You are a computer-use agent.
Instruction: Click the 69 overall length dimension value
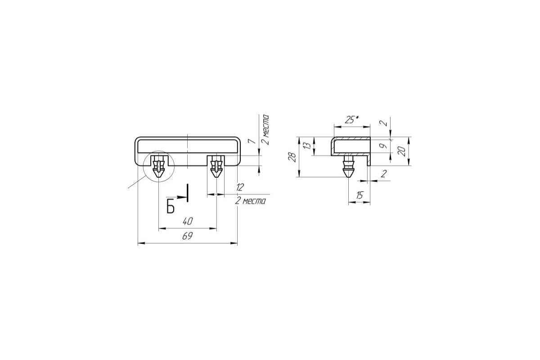(187, 236)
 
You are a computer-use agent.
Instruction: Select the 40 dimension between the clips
(188, 221)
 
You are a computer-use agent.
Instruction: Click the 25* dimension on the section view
(352, 120)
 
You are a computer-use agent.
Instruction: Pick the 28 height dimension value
(292, 157)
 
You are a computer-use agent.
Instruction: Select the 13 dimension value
(307, 146)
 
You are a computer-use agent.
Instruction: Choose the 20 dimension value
(401, 152)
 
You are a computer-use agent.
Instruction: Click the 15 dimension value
(359, 195)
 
